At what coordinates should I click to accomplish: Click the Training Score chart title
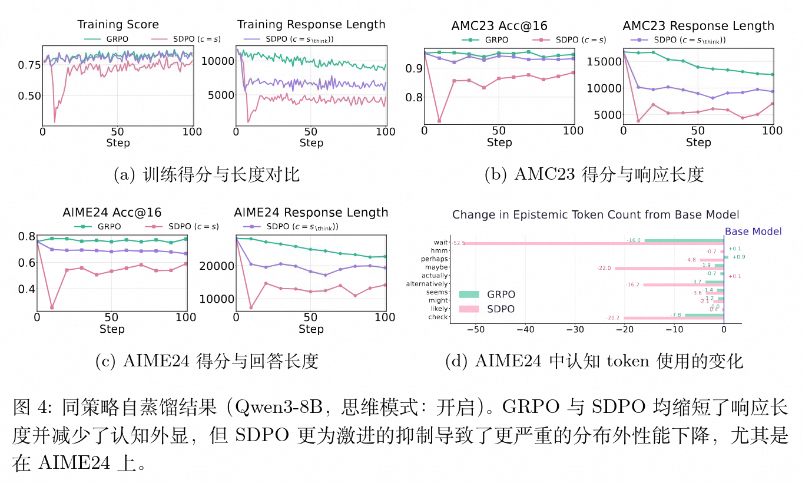[x=118, y=25]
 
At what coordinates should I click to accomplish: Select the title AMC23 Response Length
[x=698, y=26]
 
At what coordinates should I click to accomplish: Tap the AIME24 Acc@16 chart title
[x=112, y=213]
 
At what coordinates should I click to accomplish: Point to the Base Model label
[x=753, y=231]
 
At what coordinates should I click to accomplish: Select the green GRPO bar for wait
[x=684, y=240]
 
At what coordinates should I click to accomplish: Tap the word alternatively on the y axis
[x=427, y=284]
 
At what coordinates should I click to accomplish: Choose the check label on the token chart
[x=440, y=317]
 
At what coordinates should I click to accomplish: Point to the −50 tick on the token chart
[x=475, y=330]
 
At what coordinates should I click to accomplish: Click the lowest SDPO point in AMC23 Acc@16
[x=439, y=121]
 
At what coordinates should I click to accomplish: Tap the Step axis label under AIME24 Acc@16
[x=112, y=329]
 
